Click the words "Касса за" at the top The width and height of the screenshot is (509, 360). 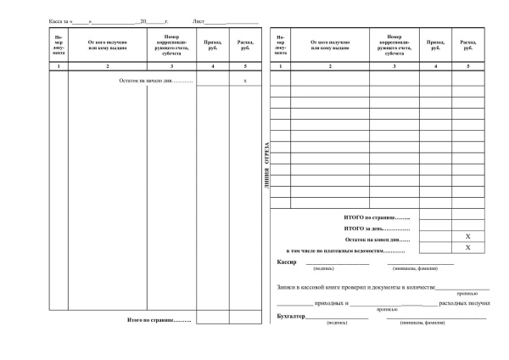point(59,18)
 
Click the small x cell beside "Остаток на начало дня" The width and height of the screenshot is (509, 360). point(244,81)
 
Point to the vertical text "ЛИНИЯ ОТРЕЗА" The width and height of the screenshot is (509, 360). point(266,164)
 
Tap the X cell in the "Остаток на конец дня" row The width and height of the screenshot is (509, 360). point(467,235)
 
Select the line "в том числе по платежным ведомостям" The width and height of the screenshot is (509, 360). point(347,252)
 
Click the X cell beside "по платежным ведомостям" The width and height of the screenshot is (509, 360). point(467,247)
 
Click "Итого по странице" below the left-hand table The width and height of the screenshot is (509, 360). point(159,319)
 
